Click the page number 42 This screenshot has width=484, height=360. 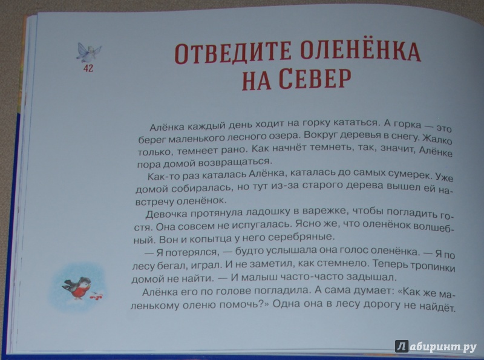tap(88, 68)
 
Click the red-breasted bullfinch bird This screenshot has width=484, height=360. tap(78, 288)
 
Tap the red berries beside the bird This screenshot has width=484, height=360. tap(97, 296)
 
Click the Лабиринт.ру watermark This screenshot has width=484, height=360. tap(436, 347)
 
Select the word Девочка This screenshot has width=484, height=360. tap(166, 214)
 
